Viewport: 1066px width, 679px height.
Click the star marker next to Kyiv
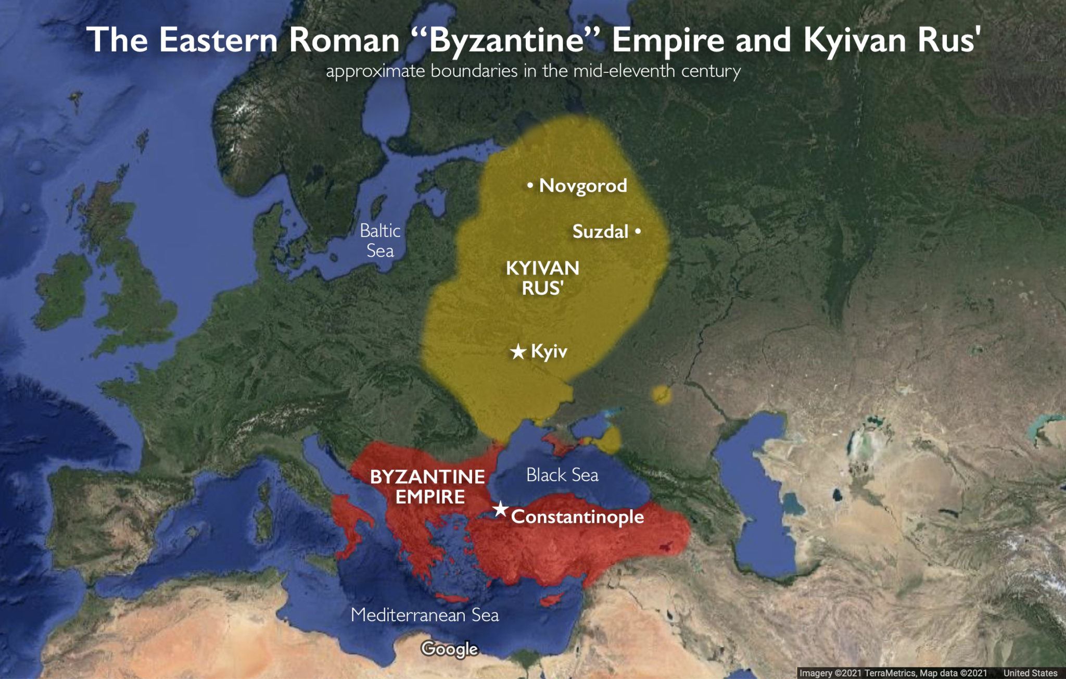518,352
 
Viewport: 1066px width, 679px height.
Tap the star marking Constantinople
500,509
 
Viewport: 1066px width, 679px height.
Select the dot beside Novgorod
530,185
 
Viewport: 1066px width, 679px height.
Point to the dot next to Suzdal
638,231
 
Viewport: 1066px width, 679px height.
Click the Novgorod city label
583,185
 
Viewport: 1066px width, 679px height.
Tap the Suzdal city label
600,231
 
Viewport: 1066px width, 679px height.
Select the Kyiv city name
549,351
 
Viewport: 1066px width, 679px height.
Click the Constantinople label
577,517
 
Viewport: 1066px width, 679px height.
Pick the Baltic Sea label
380,241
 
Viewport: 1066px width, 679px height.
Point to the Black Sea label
562,475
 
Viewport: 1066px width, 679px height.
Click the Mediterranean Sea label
425,615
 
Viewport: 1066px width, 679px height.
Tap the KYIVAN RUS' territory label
542,278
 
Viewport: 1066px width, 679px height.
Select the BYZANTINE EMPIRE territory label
427,486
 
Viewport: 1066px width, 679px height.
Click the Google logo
450,649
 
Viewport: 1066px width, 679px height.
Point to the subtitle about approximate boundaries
533,71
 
